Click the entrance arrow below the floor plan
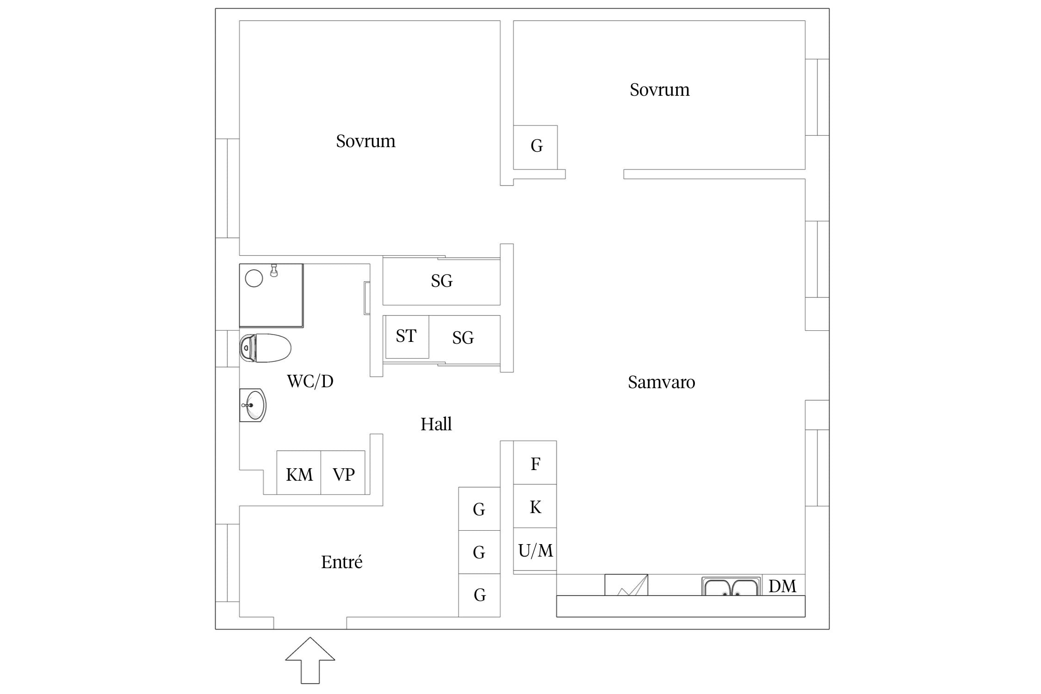click(x=310, y=660)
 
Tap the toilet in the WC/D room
click(x=265, y=348)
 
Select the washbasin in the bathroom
click(x=253, y=405)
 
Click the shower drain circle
click(x=254, y=278)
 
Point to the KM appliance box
click(x=299, y=472)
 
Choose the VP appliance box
click(x=343, y=472)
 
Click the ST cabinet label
click(x=406, y=336)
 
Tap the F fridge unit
click(x=535, y=463)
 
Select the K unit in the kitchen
click(x=535, y=506)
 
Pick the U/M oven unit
click(x=535, y=550)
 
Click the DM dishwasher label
click(x=782, y=586)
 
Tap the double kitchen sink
click(x=731, y=586)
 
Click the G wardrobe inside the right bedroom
click(x=535, y=147)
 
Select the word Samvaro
click(x=662, y=382)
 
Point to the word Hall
click(x=436, y=424)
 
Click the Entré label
click(x=342, y=562)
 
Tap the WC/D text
click(x=310, y=381)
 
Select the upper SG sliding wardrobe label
click(x=442, y=281)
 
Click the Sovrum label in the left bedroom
click(x=366, y=141)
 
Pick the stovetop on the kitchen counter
click(x=626, y=585)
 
